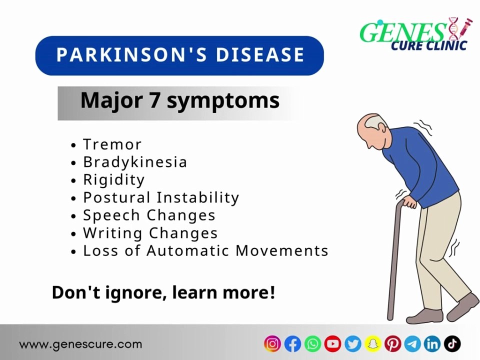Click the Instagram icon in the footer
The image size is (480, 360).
pyautogui.click(x=272, y=343)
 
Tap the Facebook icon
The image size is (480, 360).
pyautogui.click(x=292, y=343)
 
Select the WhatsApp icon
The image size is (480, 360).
pyautogui.click(x=312, y=343)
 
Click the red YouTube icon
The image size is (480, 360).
pyautogui.click(x=332, y=343)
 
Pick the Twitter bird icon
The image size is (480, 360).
pyautogui.click(x=352, y=343)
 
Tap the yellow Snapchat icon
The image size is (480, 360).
pyautogui.click(x=372, y=343)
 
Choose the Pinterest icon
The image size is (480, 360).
pyautogui.click(x=392, y=343)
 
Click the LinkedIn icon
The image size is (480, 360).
pyautogui.click(x=432, y=343)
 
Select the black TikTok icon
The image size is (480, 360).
pyautogui.click(x=452, y=343)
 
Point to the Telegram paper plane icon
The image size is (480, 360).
pyautogui.click(x=412, y=343)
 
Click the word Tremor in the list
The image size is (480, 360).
pyautogui.click(x=112, y=144)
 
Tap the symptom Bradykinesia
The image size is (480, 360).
pyautogui.click(x=135, y=162)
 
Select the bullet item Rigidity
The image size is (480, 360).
pyautogui.click(x=114, y=179)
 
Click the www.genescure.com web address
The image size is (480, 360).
pyautogui.click(x=80, y=344)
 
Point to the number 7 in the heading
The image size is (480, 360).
pyautogui.click(x=154, y=100)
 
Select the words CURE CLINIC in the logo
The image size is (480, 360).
pyautogui.click(x=428, y=45)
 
